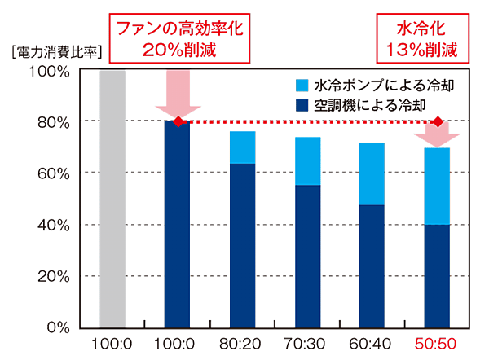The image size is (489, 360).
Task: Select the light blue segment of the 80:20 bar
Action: pyautogui.click(x=242, y=147)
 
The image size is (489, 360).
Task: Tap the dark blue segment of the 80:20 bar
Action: pyautogui.click(x=242, y=244)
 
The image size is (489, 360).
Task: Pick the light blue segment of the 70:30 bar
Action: pyautogui.click(x=308, y=160)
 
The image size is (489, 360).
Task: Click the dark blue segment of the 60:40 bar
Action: pyautogui.click(x=372, y=265)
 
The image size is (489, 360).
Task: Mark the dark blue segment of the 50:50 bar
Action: pyautogui.click(x=437, y=275)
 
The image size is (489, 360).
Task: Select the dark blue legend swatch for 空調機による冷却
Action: pyautogui.click(x=301, y=104)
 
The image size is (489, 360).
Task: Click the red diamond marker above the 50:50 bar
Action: pyautogui.click(x=438, y=121)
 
